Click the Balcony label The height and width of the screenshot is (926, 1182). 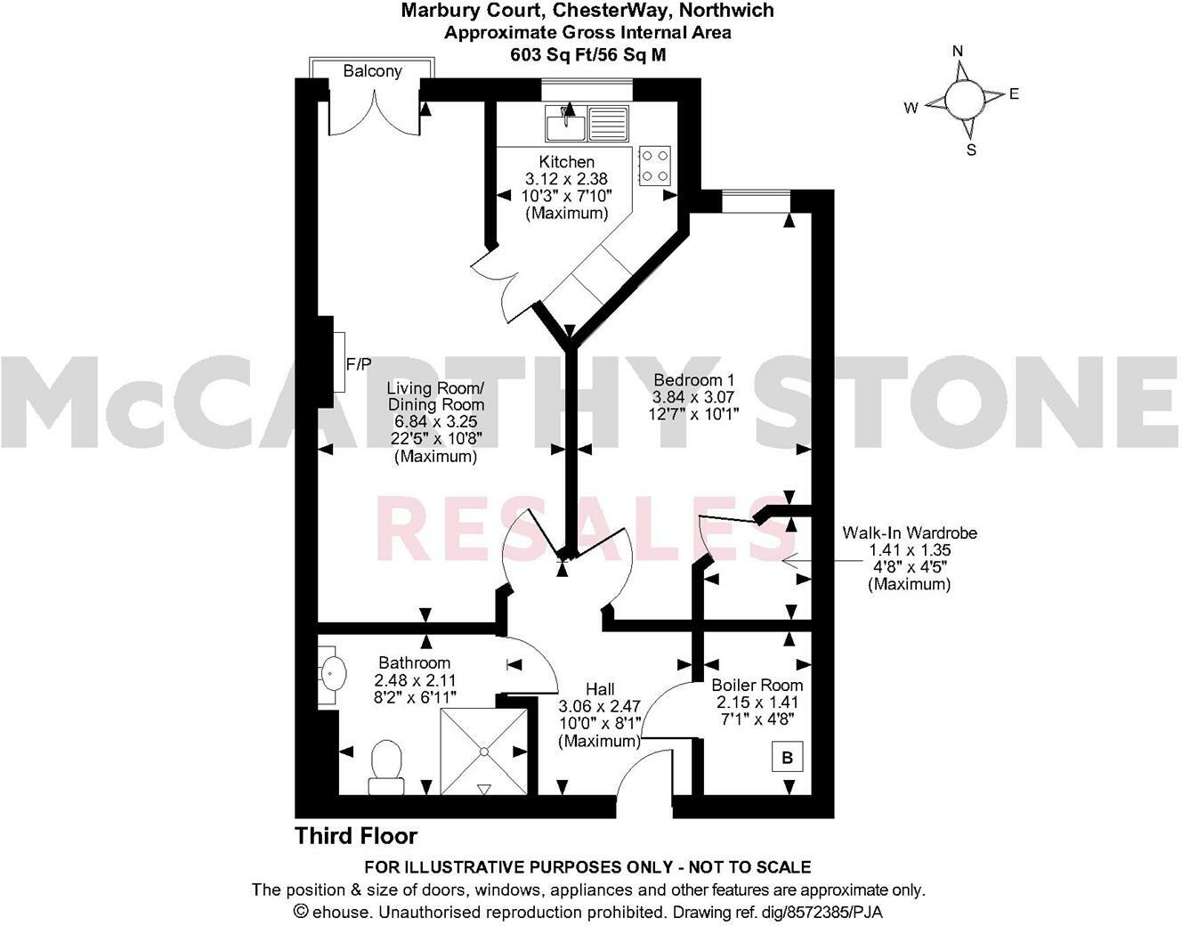(x=372, y=71)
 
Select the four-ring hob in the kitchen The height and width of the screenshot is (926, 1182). (x=655, y=165)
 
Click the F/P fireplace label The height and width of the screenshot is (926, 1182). (x=360, y=363)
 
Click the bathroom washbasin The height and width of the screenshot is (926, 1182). (x=333, y=673)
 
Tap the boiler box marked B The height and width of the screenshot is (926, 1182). (x=787, y=758)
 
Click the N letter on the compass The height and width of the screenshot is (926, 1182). (x=959, y=51)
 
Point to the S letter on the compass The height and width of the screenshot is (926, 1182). (x=971, y=150)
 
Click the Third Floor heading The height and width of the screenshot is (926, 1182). (x=356, y=836)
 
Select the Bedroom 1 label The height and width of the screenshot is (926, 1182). (x=687, y=380)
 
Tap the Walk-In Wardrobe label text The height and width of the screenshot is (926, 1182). (x=910, y=532)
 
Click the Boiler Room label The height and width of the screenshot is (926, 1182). (x=757, y=685)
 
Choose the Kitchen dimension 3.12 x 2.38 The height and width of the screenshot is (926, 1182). (x=567, y=179)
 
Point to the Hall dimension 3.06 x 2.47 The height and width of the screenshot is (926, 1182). (x=599, y=706)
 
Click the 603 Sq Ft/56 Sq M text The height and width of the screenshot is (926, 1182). (x=587, y=54)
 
